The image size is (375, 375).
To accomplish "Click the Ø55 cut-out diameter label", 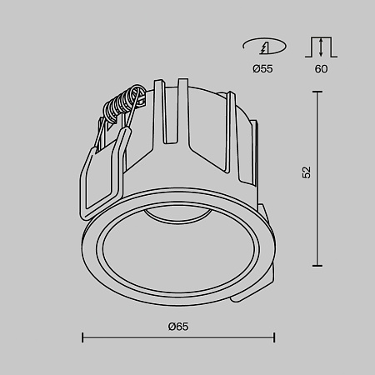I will (262, 68).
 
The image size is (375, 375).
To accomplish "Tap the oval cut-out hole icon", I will (262, 46).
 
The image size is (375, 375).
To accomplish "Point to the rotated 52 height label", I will (307, 172).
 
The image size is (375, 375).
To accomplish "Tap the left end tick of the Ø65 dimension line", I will (82, 337).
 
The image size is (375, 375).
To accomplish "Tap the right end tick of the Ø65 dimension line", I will (274, 337).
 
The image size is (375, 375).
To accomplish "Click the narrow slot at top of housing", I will (177, 108).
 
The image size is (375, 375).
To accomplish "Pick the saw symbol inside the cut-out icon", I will (263, 46).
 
